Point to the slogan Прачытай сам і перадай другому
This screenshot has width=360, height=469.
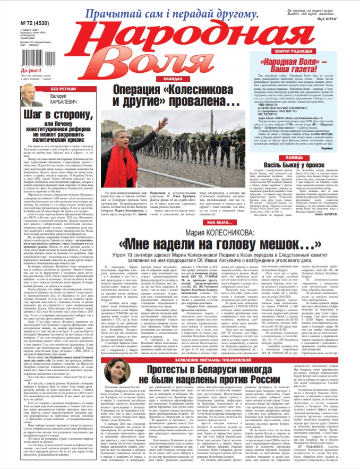pos(173,13)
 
